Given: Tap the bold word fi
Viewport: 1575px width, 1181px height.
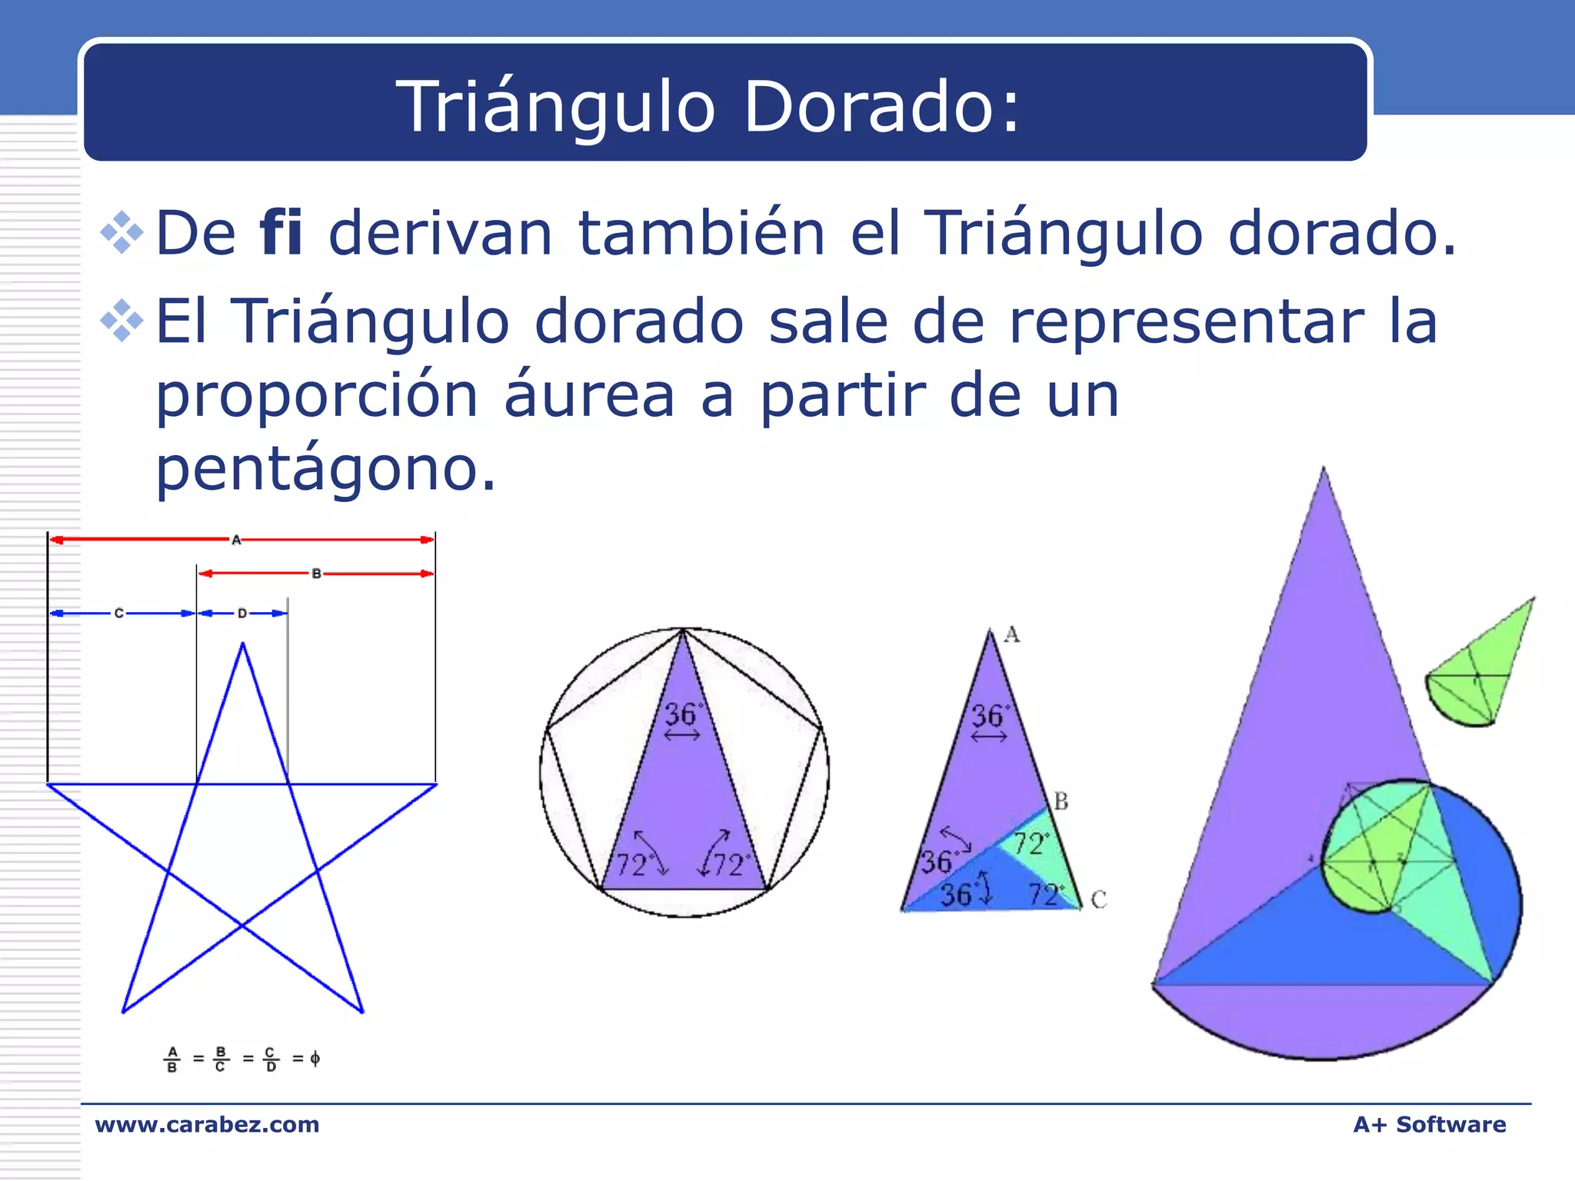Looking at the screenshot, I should click(281, 232).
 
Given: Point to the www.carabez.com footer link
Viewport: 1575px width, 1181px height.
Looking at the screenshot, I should click(207, 1124).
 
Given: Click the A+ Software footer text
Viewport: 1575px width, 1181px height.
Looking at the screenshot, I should click(1429, 1124).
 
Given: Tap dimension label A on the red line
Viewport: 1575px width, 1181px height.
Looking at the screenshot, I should click(236, 541).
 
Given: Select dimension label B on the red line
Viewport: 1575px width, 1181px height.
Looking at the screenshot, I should click(316, 574).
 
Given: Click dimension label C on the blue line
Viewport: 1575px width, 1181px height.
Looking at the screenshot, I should click(118, 614).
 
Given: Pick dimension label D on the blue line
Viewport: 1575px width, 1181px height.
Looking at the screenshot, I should click(242, 614).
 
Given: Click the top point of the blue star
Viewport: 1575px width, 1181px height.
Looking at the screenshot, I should click(243, 644).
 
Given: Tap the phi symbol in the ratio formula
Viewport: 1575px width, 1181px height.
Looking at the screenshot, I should click(315, 1059).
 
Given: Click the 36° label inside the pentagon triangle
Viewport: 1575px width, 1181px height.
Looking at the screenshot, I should click(681, 715).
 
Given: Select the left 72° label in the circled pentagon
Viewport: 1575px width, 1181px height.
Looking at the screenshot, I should click(632, 866).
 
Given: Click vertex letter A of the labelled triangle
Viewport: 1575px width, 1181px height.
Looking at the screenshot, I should click(1012, 635).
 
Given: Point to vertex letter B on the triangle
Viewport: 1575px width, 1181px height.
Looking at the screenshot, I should click(1061, 802).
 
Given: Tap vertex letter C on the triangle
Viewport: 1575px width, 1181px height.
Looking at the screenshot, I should click(1098, 900).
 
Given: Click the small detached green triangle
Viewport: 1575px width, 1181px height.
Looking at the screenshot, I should click(1480, 669).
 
